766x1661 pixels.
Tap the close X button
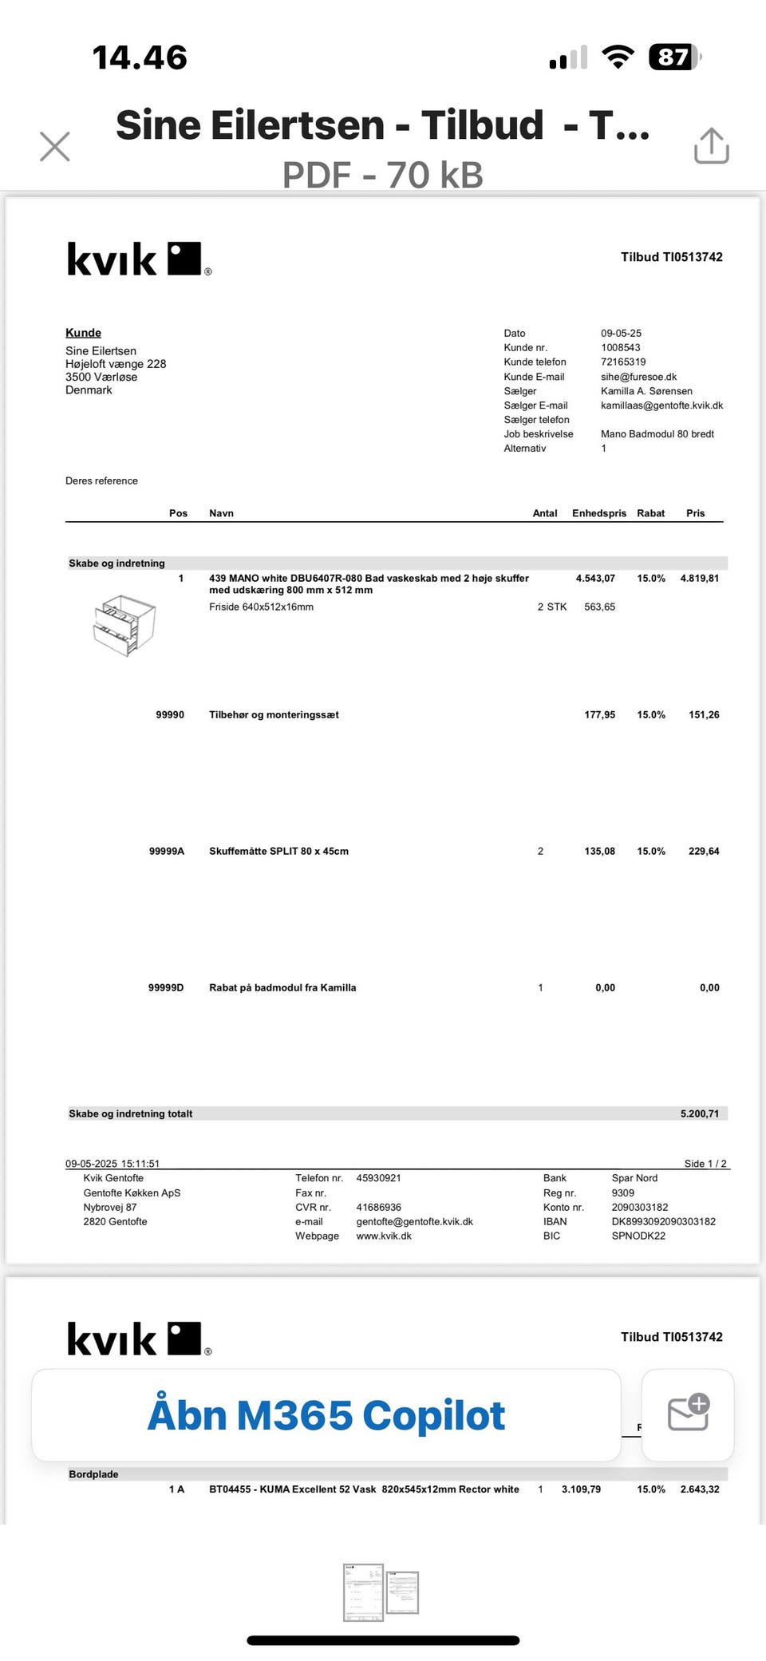click(55, 147)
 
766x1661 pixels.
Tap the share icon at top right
click(711, 146)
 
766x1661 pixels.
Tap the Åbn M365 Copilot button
click(326, 1416)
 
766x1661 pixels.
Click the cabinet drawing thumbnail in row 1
click(124, 625)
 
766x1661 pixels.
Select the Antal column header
click(544, 513)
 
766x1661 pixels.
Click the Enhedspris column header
click(598, 513)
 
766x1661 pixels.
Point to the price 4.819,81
click(699, 579)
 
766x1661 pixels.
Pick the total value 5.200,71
click(699, 1113)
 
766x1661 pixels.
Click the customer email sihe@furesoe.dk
click(638, 377)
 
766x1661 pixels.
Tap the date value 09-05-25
click(621, 334)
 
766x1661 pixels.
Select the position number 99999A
click(166, 852)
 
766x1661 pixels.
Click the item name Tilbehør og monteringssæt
click(274, 715)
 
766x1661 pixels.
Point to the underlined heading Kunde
click(83, 333)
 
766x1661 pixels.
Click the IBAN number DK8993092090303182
click(663, 1222)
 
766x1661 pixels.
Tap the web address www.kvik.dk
click(384, 1236)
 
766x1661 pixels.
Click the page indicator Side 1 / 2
click(705, 1164)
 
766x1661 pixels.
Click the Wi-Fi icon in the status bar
click(618, 57)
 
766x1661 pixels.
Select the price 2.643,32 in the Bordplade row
click(699, 1489)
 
